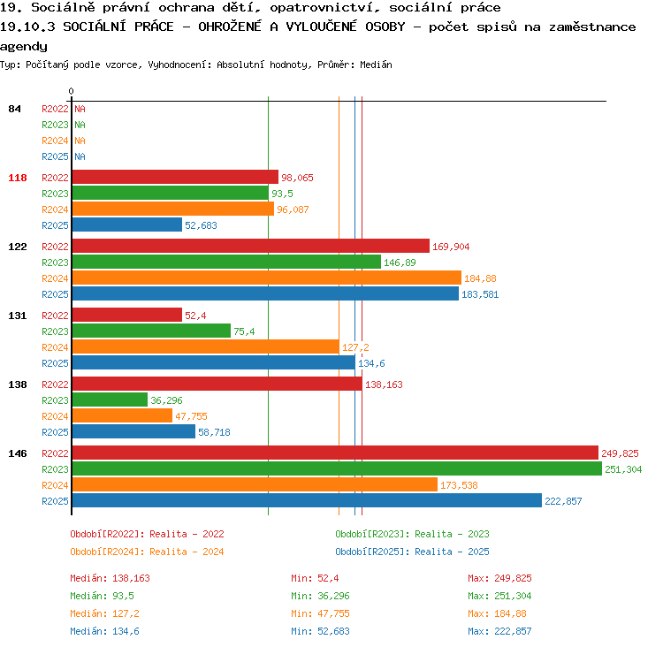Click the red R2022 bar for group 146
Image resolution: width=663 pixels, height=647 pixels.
point(335,453)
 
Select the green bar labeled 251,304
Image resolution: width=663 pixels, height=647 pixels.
point(337,469)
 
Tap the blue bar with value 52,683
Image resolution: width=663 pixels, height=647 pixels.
point(127,225)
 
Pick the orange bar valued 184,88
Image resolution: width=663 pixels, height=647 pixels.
point(267,278)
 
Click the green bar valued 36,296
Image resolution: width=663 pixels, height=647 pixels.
point(110,400)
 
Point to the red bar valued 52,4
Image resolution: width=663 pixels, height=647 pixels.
point(127,315)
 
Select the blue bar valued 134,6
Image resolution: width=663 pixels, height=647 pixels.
point(214,362)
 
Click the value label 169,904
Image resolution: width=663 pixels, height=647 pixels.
point(451,247)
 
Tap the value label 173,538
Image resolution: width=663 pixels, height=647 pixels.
point(459,485)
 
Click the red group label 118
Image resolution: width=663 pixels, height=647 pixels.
point(18,178)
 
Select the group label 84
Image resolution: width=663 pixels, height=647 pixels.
point(14,109)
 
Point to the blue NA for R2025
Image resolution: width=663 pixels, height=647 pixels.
point(80,156)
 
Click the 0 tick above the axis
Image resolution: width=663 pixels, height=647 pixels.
point(71,91)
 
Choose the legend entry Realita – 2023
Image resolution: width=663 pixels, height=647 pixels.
point(452,534)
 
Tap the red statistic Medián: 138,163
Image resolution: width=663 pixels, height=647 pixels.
point(110,578)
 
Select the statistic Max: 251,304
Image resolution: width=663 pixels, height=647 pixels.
point(499,596)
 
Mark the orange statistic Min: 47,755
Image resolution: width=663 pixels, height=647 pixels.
point(320,613)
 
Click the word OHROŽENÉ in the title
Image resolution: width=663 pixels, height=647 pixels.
point(230,27)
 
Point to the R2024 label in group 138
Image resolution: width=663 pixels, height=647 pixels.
point(55,416)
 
